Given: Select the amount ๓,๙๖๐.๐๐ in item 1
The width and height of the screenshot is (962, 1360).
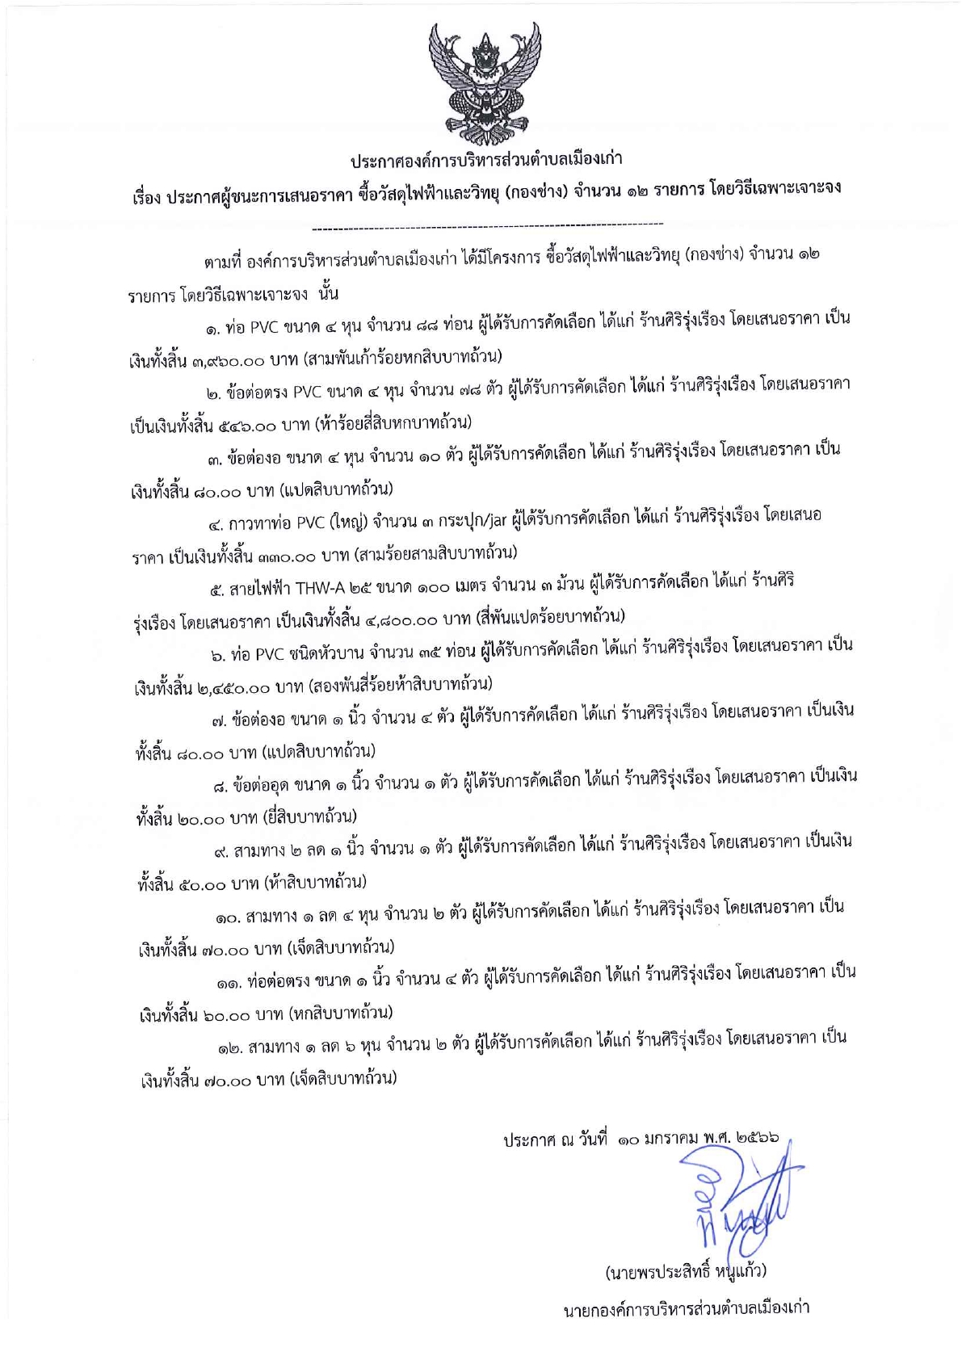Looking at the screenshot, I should point(232,356).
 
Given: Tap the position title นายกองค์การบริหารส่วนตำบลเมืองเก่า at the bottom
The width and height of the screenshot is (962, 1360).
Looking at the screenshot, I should point(686,1308).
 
